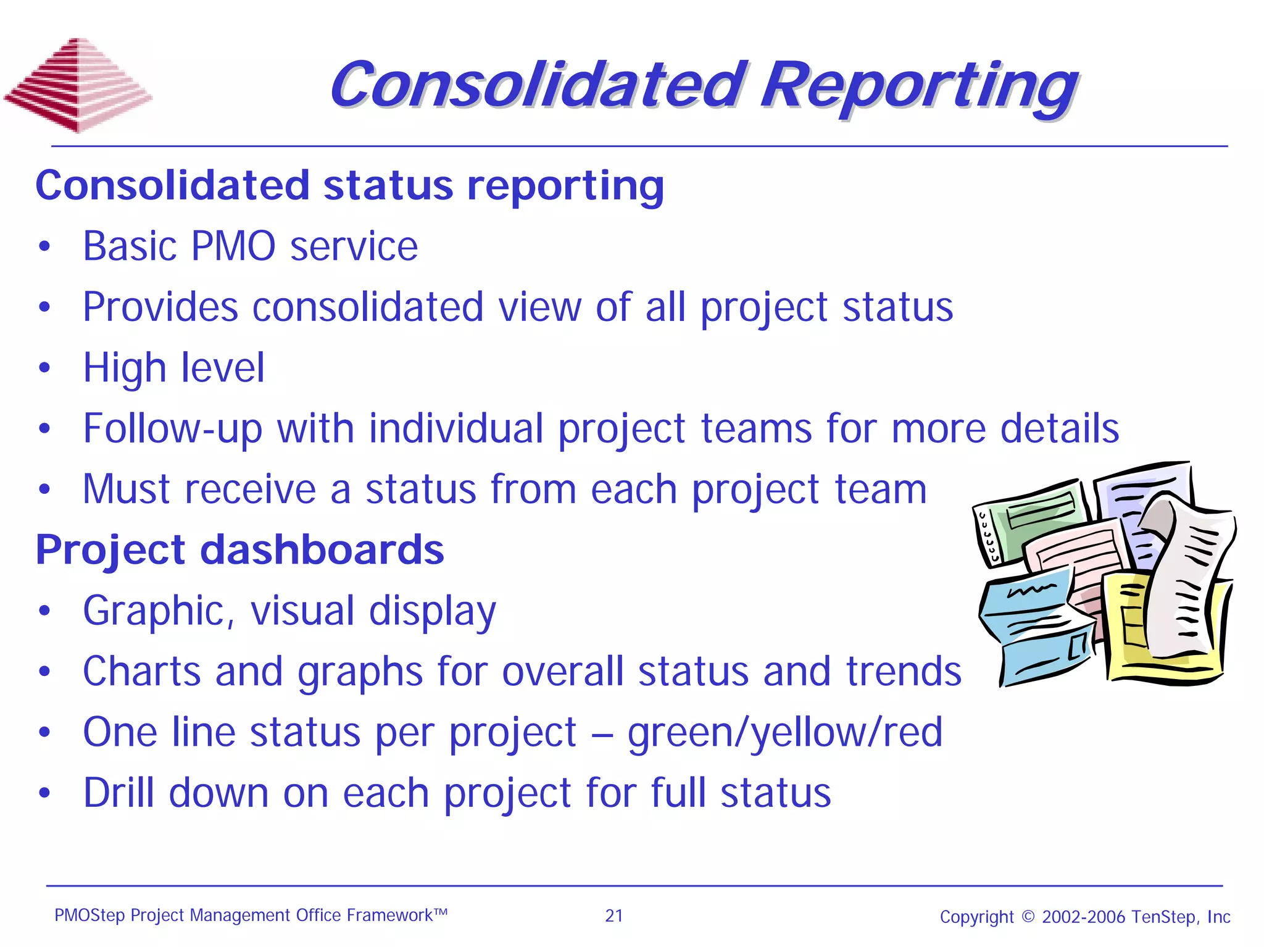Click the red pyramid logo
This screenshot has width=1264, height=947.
click(78, 85)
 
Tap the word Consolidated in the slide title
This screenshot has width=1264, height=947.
click(537, 85)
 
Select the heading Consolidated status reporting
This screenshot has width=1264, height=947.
click(349, 185)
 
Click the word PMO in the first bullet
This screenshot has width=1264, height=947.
click(233, 246)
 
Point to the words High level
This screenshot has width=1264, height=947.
click(173, 368)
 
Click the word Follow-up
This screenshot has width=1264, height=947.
click(172, 428)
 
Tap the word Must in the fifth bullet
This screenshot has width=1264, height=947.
click(126, 489)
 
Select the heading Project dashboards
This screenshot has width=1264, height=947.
click(239, 549)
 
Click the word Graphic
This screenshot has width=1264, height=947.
click(159, 611)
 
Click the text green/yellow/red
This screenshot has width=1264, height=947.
click(784, 732)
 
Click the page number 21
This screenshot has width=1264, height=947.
click(613, 916)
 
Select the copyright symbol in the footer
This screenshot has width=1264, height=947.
click(1028, 916)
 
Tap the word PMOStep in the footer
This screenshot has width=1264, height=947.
click(89, 915)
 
